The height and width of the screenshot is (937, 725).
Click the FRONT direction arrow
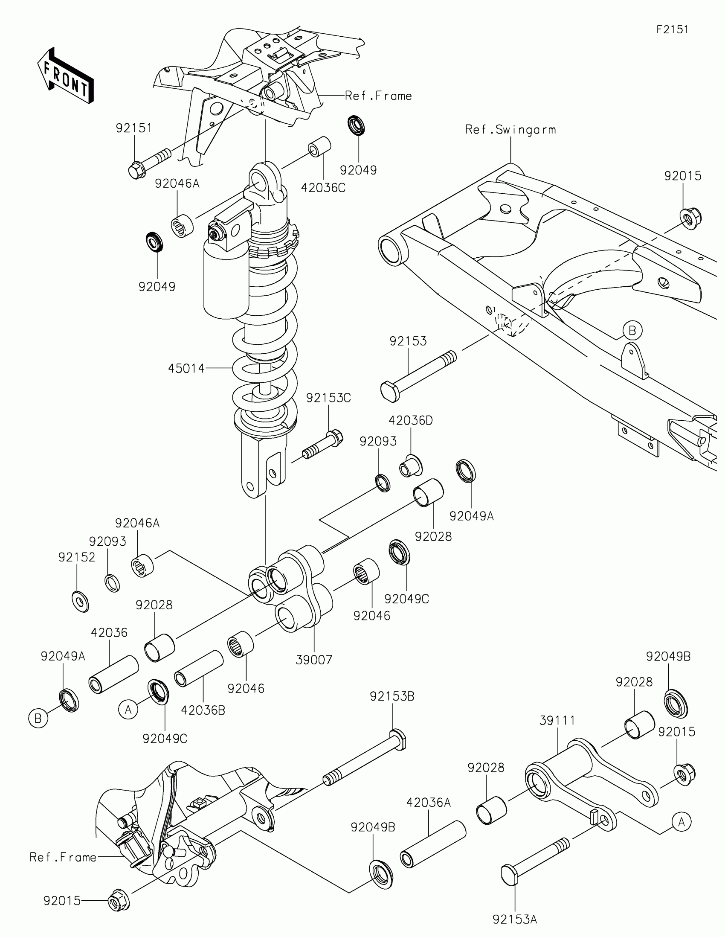(66, 76)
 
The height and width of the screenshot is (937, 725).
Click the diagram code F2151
(672, 29)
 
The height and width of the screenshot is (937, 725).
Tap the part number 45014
(186, 368)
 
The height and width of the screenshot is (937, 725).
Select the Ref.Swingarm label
(510, 130)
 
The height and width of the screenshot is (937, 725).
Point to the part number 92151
(134, 128)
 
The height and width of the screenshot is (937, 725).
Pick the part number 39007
(314, 660)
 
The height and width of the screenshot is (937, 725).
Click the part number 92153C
(328, 398)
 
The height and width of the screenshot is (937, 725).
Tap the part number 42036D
(411, 420)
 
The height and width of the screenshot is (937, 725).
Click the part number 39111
(557, 721)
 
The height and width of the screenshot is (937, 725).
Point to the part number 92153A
(514, 920)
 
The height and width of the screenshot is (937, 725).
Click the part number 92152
(77, 557)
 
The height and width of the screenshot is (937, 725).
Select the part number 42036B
(203, 710)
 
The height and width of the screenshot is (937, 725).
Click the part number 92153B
(392, 696)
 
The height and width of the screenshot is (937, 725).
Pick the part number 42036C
(323, 188)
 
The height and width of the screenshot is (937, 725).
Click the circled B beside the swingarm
(632, 331)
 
